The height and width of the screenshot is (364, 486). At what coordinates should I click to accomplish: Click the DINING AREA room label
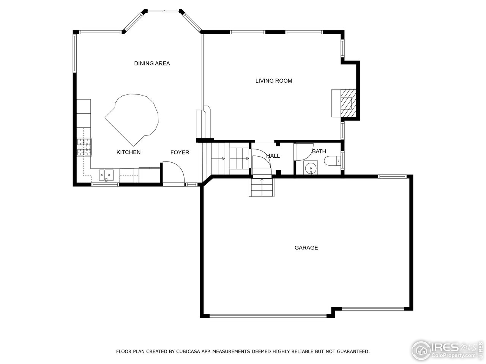(152, 63)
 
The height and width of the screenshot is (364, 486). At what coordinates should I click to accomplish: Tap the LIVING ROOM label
(273, 81)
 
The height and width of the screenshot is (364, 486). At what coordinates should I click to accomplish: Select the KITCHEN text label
(128, 152)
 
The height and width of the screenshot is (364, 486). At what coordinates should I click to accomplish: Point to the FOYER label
(180, 152)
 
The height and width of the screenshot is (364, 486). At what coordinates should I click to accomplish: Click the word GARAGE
(306, 248)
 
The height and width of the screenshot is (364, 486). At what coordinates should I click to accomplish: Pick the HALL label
(273, 156)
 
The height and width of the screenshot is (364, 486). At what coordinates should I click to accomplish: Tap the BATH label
(319, 151)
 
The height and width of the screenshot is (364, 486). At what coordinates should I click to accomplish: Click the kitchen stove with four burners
(84, 147)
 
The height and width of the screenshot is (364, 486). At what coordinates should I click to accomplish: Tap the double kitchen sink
(107, 175)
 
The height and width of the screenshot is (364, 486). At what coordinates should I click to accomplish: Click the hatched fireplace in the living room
(347, 103)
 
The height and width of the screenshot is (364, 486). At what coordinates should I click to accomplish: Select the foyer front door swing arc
(175, 173)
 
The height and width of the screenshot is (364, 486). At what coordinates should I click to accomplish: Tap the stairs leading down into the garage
(262, 187)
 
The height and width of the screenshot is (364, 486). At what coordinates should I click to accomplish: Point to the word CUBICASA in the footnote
(188, 351)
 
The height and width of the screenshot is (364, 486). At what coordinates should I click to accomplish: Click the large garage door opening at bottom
(268, 315)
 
